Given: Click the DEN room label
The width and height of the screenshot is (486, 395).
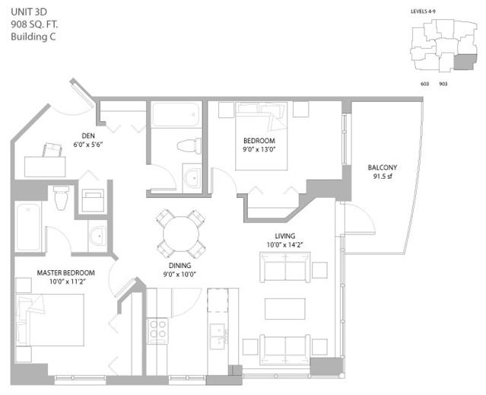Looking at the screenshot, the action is point(88,135).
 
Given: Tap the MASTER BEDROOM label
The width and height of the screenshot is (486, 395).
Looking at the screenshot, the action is point(65,272).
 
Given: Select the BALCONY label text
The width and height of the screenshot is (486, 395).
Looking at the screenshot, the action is point(382,167).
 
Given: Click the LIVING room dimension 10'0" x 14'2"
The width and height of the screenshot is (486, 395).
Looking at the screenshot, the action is point(285,245).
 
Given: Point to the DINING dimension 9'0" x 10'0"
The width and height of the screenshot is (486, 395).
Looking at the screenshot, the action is point(179,275).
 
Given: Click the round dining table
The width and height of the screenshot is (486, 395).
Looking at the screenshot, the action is point(181,234).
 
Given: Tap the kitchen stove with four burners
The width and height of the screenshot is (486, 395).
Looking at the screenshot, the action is point(157,330).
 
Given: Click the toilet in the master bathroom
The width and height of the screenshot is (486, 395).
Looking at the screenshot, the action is point(61,197).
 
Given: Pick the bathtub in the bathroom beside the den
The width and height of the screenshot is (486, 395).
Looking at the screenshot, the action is point(176,114).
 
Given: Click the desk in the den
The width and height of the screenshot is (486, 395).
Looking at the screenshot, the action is point(45,167).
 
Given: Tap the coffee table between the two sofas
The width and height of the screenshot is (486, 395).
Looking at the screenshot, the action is point(285,309).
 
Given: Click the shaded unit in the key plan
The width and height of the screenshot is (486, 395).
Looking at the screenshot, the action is point(464,62).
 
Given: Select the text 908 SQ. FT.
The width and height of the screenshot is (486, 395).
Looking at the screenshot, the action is point(34,24).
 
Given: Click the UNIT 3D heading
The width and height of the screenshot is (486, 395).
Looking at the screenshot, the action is point(29,11).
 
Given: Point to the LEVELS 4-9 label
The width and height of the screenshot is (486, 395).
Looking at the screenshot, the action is point(423,11).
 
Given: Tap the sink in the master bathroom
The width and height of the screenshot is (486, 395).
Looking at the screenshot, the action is point(98,236).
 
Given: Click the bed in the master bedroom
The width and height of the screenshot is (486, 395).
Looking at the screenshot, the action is point(50,320).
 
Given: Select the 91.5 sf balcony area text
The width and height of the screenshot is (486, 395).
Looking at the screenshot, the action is point(383,177).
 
